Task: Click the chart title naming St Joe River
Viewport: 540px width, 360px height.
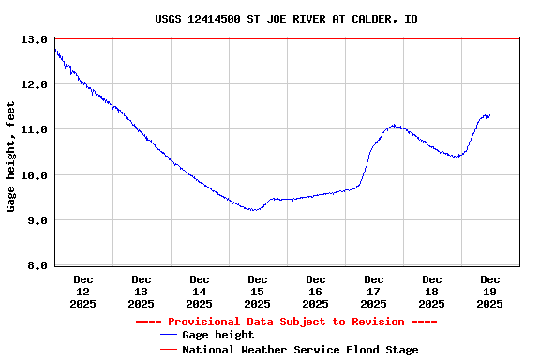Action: (x=286, y=19)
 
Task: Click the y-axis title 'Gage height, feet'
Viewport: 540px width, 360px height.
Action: (x=11, y=152)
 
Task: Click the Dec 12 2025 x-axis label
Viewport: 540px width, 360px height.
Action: (x=83, y=291)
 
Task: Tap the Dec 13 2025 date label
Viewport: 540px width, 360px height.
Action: (x=142, y=291)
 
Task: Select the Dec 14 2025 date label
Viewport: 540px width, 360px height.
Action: (x=200, y=291)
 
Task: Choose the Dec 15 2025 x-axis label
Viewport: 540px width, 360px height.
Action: (x=258, y=291)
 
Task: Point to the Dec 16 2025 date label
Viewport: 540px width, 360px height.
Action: (x=316, y=291)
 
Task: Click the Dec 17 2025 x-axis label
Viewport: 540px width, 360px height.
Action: (x=374, y=291)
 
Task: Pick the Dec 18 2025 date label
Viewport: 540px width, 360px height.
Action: (x=432, y=291)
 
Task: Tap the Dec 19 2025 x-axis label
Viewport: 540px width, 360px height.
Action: (x=490, y=291)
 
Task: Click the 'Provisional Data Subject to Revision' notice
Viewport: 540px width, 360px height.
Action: (x=286, y=322)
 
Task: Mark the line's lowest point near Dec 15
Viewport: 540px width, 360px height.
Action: (x=253, y=210)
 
